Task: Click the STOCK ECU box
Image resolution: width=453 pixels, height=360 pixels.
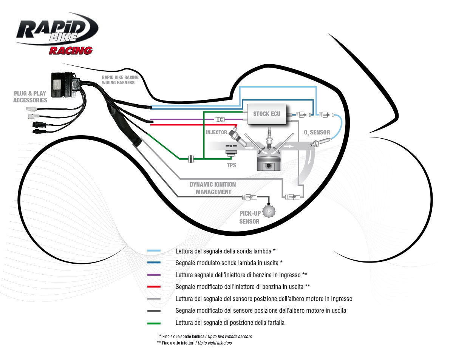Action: [267, 114]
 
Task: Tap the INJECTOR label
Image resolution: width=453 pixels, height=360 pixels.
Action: [216, 132]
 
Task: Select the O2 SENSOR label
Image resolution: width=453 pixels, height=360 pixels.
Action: [317, 133]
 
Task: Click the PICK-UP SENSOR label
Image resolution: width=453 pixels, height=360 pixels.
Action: [249, 217]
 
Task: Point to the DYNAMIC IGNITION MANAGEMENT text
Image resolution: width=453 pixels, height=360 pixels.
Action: [213, 188]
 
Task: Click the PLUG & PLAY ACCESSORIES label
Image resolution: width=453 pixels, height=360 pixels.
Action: [30, 97]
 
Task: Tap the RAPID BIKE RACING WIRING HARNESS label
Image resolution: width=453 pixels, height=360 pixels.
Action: [120, 80]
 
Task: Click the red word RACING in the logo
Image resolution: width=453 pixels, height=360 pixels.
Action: [70, 50]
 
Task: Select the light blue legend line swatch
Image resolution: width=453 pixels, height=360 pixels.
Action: [154, 251]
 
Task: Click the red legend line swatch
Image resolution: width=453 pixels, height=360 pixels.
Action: [154, 287]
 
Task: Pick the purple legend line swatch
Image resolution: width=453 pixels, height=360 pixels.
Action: [154, 275]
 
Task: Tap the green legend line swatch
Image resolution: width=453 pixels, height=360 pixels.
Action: [154, 323]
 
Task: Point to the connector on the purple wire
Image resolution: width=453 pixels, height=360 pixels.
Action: [218, 120]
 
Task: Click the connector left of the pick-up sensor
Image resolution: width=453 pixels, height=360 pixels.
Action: [248, 197]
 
